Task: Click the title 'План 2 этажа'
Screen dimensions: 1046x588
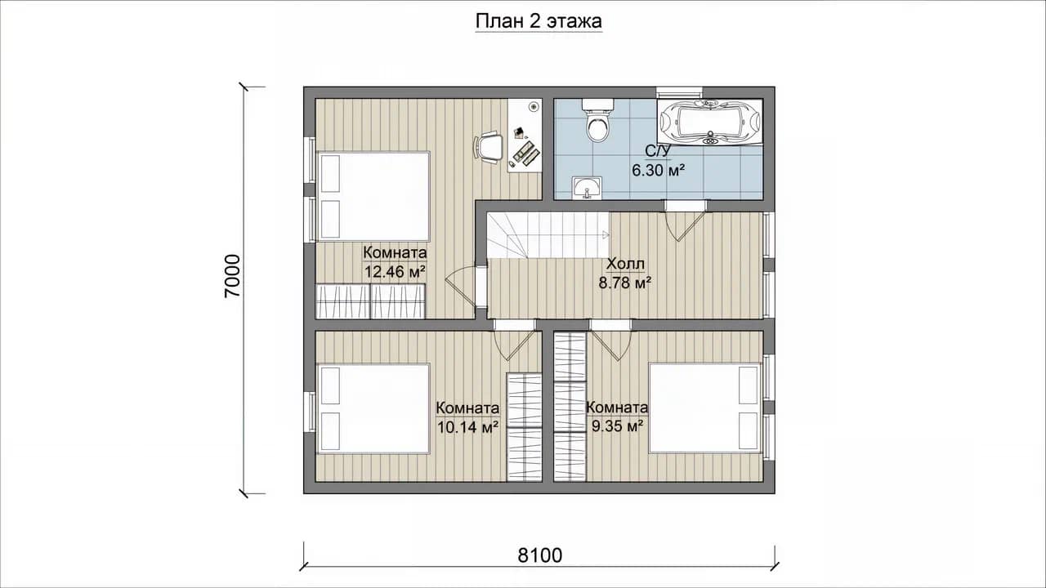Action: coord(539,21)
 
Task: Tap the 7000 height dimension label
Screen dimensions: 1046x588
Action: coord(232,276)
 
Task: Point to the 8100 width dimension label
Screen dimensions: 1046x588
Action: coord(540,555)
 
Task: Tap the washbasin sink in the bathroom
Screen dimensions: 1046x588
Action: coord(587,188)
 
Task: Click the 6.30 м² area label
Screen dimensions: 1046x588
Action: coord(659,171)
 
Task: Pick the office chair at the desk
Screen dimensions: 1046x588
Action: coord(488,147)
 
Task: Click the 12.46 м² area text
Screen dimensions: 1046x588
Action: coord(395,271)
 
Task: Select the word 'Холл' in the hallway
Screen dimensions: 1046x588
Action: coord(625,264)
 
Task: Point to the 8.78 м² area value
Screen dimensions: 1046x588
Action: coord(625,283)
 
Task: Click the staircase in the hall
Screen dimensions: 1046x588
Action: coord(548,234)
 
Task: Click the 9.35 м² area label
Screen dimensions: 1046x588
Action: coord(618,425)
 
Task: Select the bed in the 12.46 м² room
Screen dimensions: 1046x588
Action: coord(373,196)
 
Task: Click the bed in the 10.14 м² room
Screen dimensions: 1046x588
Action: coord(373,408)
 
